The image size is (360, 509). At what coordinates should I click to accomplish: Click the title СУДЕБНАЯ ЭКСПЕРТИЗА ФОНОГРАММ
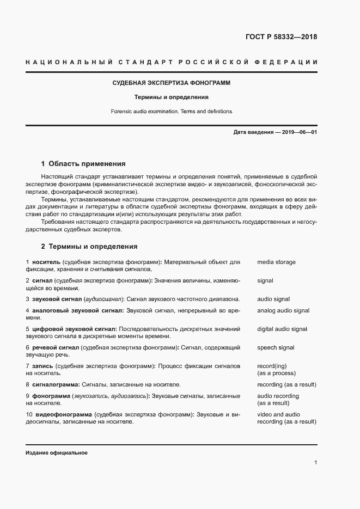pyautogui.click(x=171, y=83)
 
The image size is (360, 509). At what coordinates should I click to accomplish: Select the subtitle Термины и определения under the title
pyautogui.click(x=172, y=97)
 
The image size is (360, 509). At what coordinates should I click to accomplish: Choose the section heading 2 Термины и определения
pyautogui.click(x=89, y=246)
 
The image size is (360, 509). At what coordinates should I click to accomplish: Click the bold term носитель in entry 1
pyautogui.click(x=46, y=262)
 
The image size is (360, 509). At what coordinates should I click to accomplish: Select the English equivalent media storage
pyautogui.click(x=276, y=262)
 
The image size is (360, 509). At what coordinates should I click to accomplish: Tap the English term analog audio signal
pyautogui.click(x=283, y=310)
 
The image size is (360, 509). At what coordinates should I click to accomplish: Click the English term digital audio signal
pyautogui.click(x=282, y=329)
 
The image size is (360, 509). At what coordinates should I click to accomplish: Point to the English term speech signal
pyautogui.click(x=276, y=347)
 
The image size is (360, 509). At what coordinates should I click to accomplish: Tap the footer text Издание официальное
pyautogui.click(x=57, y=453)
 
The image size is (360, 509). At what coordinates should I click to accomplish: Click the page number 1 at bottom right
pyautogui.click(x=315, y=463)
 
